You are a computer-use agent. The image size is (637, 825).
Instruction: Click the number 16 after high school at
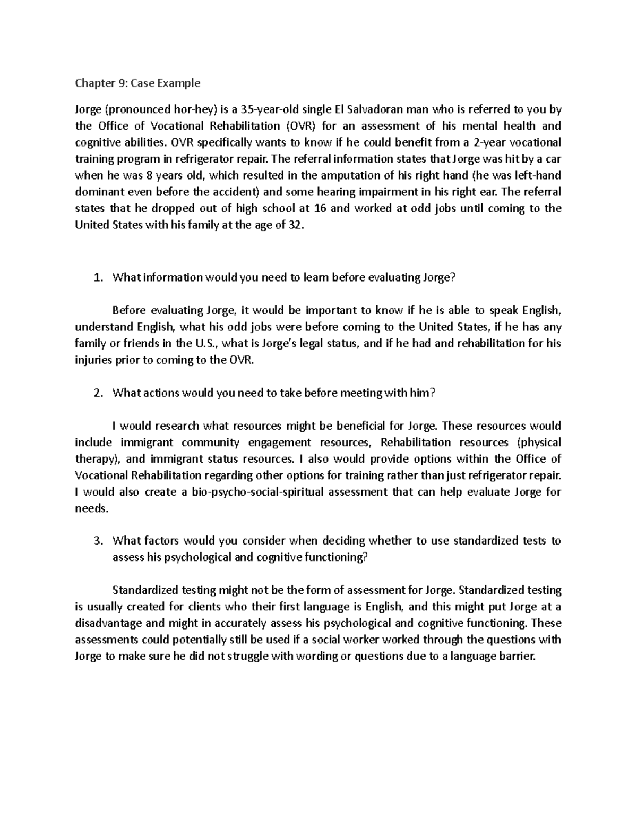coord(320,209)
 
